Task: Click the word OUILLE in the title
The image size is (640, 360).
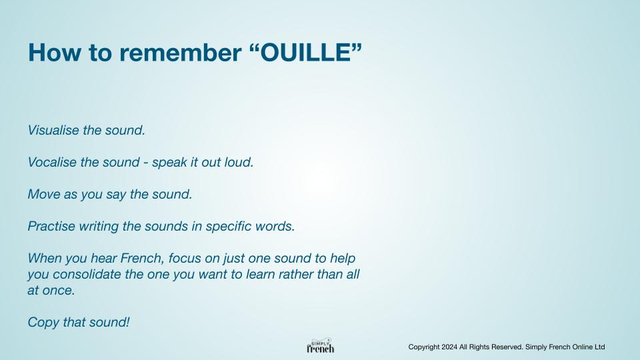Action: [305, 53]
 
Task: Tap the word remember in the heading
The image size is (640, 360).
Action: [181, 53]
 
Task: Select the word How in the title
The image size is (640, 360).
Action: [54, 53]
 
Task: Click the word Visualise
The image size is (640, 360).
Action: [53, 130]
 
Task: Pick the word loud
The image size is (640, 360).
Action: [239, 162]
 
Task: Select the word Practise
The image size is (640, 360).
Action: [51, 226]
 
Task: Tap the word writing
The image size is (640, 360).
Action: [99, 227]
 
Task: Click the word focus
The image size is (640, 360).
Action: [184, 258]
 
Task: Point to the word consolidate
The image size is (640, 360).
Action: [87, 274]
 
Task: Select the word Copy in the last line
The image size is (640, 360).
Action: [44, 323]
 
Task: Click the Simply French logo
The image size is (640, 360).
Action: [321, 346]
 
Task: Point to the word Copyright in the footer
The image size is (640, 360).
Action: [424, 347]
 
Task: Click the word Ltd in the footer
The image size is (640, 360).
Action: [599, 347]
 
